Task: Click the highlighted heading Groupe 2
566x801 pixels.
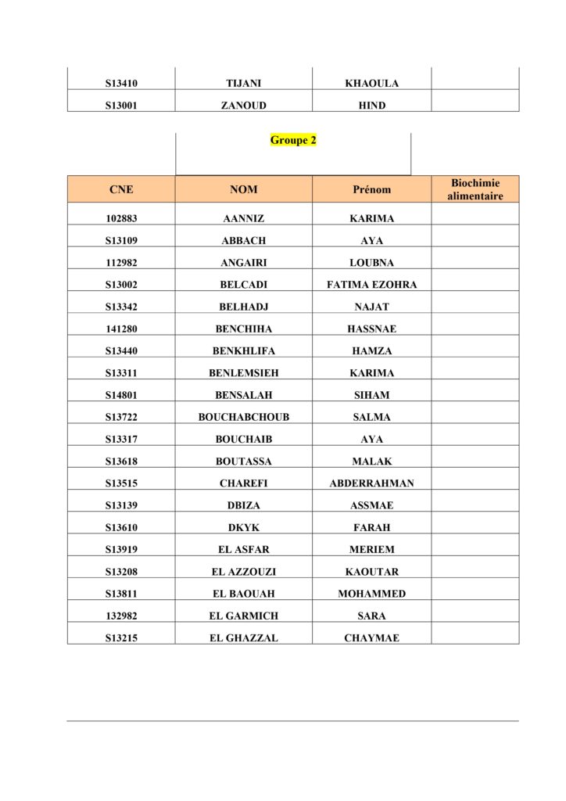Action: click(x=293, y=141)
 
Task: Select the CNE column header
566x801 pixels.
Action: click(x=121, y=189)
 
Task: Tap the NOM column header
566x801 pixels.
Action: click(x=243, y=189)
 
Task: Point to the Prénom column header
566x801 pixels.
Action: click(x=371, y=189)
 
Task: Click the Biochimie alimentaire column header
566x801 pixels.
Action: click(x=475, y=189)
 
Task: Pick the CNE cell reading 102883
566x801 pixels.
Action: click(x=121, y=219)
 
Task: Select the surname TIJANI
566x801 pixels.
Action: click(x=243, y=84)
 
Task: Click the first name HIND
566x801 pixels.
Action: click(x=371, y=106)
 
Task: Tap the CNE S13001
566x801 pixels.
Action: click(x=121, y=106)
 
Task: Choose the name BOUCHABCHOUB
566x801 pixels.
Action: click(x=243, y=418)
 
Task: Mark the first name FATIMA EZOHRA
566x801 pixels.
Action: click(x=371, y=285)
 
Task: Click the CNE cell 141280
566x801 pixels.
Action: click(x=121, y=329)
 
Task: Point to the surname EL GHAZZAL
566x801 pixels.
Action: click(x=243, y=638)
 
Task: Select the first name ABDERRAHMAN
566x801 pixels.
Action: click(x=371, y=483)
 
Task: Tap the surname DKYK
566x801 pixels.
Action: click(x=243, y=528)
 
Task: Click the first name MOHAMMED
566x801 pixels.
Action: click(x=371, y=594)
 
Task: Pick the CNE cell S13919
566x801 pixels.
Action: click(x=121, y=550)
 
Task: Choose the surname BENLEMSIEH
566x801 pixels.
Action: click(x=243, y=373)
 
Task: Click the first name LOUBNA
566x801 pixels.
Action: click(x=371, y=263)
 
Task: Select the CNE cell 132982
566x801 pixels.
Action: click(x=121, y=616)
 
